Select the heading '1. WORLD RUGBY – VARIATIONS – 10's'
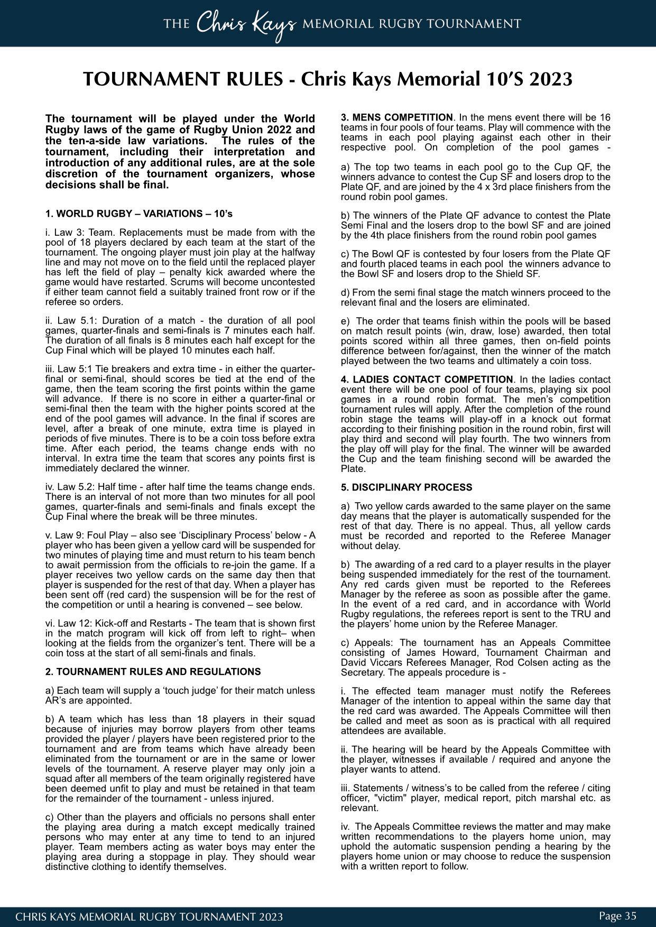coord(139,214)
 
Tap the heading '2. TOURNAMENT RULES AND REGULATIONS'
coord(153,672)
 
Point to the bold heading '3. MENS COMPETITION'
coord(397,117)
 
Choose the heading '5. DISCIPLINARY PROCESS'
coord(406,487)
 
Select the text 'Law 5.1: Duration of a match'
coord(113,321)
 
